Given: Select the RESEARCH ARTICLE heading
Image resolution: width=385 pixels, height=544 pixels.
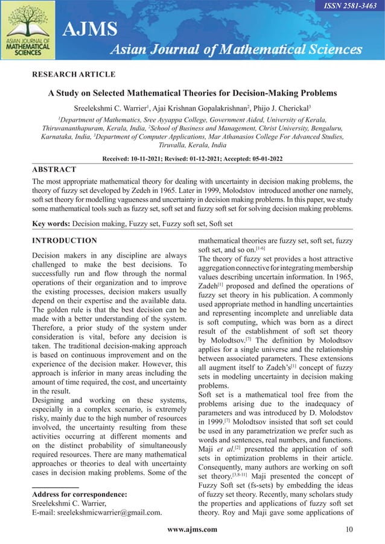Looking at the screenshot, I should (x=73, y=74).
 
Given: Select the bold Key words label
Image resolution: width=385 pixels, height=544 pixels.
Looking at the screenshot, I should (x=51, y=224).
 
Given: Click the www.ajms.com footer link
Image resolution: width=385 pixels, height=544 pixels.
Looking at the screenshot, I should (x=192, y=530).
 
